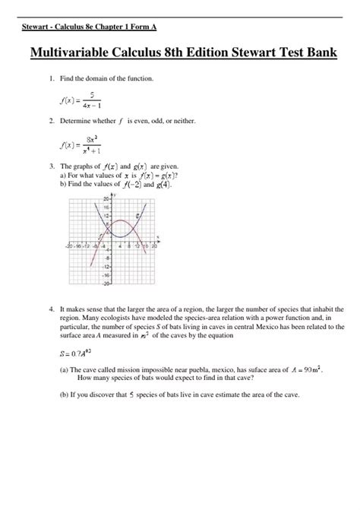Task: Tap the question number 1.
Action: pos(50,79)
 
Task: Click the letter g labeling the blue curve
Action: pos(137,217)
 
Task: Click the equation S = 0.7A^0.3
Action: pos(74,353)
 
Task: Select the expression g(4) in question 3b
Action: pos(164,184)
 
